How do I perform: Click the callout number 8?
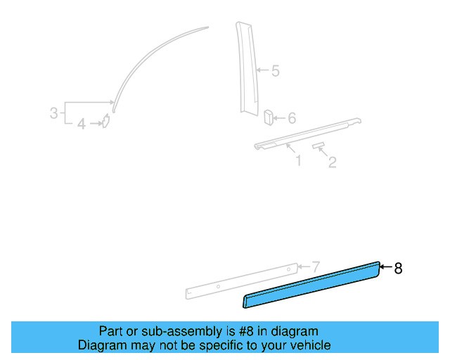tap(399, 268)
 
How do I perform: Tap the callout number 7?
tap(316, 266)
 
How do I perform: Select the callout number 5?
tap(276, 70)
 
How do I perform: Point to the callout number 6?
tap(292, 118)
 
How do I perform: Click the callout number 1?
tap(298, 161)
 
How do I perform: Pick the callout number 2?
tap(333, 162)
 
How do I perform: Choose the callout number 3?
tap(53, 112)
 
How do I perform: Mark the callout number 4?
tap(82, 124)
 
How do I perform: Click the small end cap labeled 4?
tap(105, 124)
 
